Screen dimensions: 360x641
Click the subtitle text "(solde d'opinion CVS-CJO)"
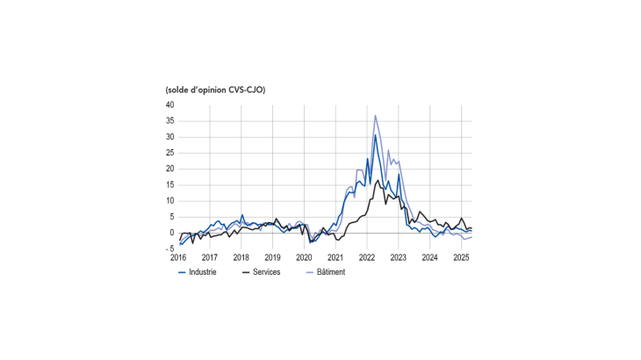click(x=215, y=90)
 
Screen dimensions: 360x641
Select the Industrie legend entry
click(x=198, y=272)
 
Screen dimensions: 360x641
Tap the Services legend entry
click(x=261, y=272)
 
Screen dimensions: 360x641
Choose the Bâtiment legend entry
click(x=325, y=272)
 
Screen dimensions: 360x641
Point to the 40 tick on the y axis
click(x=169, y=105)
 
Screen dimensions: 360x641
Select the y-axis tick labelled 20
click(x=169, y=169)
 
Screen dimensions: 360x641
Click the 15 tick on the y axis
click(x=169, y=185)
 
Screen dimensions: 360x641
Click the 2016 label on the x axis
click(x=178, y=257)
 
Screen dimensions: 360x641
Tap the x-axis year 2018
click(x=241, y=257)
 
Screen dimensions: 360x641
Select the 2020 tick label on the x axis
click(x=304, y=257)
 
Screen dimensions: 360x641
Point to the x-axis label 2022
click(x=367, y=257)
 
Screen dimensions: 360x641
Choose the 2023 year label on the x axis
click(x=398, y=257)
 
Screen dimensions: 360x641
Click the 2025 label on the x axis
click(x=461, y=257)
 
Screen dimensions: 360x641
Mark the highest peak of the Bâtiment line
click(x=376, y=115)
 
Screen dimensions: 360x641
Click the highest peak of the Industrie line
click(x=375, y=134)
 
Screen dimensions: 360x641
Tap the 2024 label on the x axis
click(x=429, y=257)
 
